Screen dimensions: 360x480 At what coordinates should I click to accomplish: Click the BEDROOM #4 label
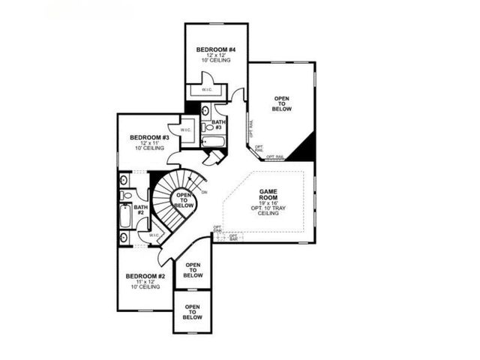point(216,49)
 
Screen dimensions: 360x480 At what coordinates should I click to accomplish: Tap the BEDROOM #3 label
point(149,137)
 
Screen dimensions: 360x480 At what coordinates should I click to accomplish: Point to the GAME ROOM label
point(268,196)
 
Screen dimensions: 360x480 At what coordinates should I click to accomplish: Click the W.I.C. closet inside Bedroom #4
point(206,90)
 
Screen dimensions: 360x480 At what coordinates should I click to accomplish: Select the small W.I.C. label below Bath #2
point(154,235)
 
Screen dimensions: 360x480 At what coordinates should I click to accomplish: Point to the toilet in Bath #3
point(207,126)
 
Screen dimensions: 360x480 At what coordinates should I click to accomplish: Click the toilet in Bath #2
point(125,196)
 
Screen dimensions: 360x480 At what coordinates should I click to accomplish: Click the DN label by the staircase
point(204,192)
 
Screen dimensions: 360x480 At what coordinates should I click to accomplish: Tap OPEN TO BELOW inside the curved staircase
point(182,200)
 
